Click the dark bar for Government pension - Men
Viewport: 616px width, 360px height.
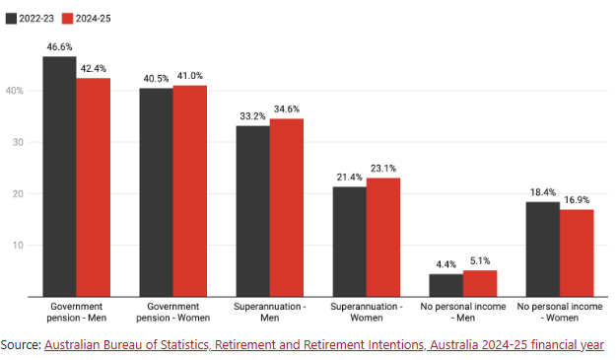point(60,177)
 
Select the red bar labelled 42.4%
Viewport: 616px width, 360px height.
point(94,187)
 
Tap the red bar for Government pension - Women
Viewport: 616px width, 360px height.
point(190,191)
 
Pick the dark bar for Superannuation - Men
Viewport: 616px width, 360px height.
point(253,211)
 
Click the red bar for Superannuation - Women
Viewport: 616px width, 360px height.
point(383,238)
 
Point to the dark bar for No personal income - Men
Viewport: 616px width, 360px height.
point(446,285)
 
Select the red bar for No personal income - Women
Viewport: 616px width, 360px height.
point(577,253)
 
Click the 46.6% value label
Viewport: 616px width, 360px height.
point(60,47)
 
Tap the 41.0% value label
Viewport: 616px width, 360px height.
point(190,76)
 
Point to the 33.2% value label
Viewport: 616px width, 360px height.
point(253,116)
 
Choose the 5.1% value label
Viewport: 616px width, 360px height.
point(480,261)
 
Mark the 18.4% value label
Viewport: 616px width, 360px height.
point(543,192)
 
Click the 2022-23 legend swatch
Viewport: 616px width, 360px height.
point(11,19)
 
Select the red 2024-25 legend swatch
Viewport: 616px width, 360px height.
point(68,19)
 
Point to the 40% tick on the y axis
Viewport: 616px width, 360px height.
point(15,91)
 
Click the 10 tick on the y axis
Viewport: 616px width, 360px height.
point(18,246)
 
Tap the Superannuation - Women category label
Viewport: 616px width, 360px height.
point(367,312)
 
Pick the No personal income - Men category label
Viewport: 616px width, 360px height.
point(463,312)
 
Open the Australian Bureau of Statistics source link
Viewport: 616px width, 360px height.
point(324,344)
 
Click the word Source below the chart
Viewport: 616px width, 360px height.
point(21,344)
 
